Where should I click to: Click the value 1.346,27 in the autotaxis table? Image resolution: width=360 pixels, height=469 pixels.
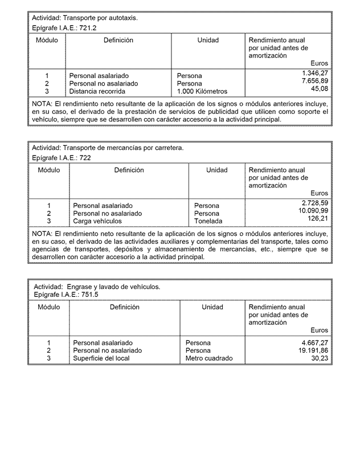(315, 74)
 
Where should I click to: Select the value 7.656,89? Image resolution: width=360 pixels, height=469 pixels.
(315, 81)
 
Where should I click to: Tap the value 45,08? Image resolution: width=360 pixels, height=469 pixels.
(320, 89)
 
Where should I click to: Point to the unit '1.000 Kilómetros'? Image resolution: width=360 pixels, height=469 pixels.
(202, 91)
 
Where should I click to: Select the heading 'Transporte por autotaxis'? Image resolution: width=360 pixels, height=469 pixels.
(100, 18)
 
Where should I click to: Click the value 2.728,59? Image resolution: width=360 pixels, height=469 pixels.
(315, 203)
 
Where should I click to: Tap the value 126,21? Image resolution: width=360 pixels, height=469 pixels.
(318, 218)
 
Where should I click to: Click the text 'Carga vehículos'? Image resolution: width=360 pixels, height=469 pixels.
(97, 221)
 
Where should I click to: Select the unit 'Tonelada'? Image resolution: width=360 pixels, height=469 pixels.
(208, 221)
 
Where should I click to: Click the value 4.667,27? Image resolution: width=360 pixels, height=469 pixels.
(315, 342)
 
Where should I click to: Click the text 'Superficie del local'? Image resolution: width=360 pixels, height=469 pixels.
(101, 358)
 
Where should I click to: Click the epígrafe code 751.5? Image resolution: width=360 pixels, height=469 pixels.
(88, 295)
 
